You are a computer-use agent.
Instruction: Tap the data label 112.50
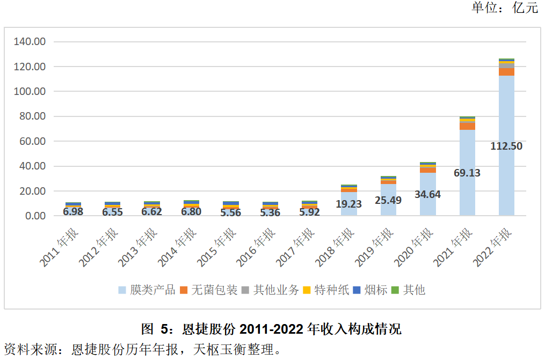tap(506, 146)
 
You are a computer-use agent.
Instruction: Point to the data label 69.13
tap(467, 173)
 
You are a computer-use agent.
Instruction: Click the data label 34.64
tap(427, 194)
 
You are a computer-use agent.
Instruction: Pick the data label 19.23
tap(349, 204)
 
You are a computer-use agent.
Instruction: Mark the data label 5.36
tap(270, 212)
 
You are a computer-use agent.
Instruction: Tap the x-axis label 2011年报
tap(59, 247)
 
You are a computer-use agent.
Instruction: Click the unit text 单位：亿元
tap(504, 8)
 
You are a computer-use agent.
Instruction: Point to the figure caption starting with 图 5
tap(271, 328)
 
